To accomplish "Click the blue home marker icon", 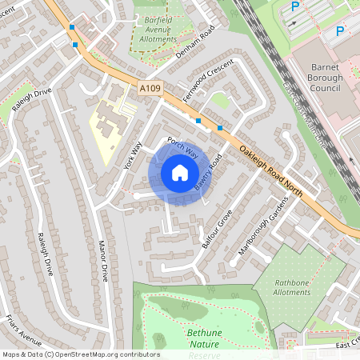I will tap(179, 174).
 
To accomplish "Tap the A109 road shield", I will tap(149, 90).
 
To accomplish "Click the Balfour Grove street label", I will tap(217, 229).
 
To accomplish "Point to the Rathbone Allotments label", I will tap(291, 286).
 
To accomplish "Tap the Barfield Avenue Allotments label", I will tap(158, 31).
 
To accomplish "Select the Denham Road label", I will tap(198, 44).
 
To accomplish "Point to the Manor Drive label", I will tap(102, 261).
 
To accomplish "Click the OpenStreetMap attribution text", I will tap(80, 354).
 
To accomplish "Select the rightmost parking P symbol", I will tap(340, 31).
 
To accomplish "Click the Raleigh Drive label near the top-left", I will tap(32, 99).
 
